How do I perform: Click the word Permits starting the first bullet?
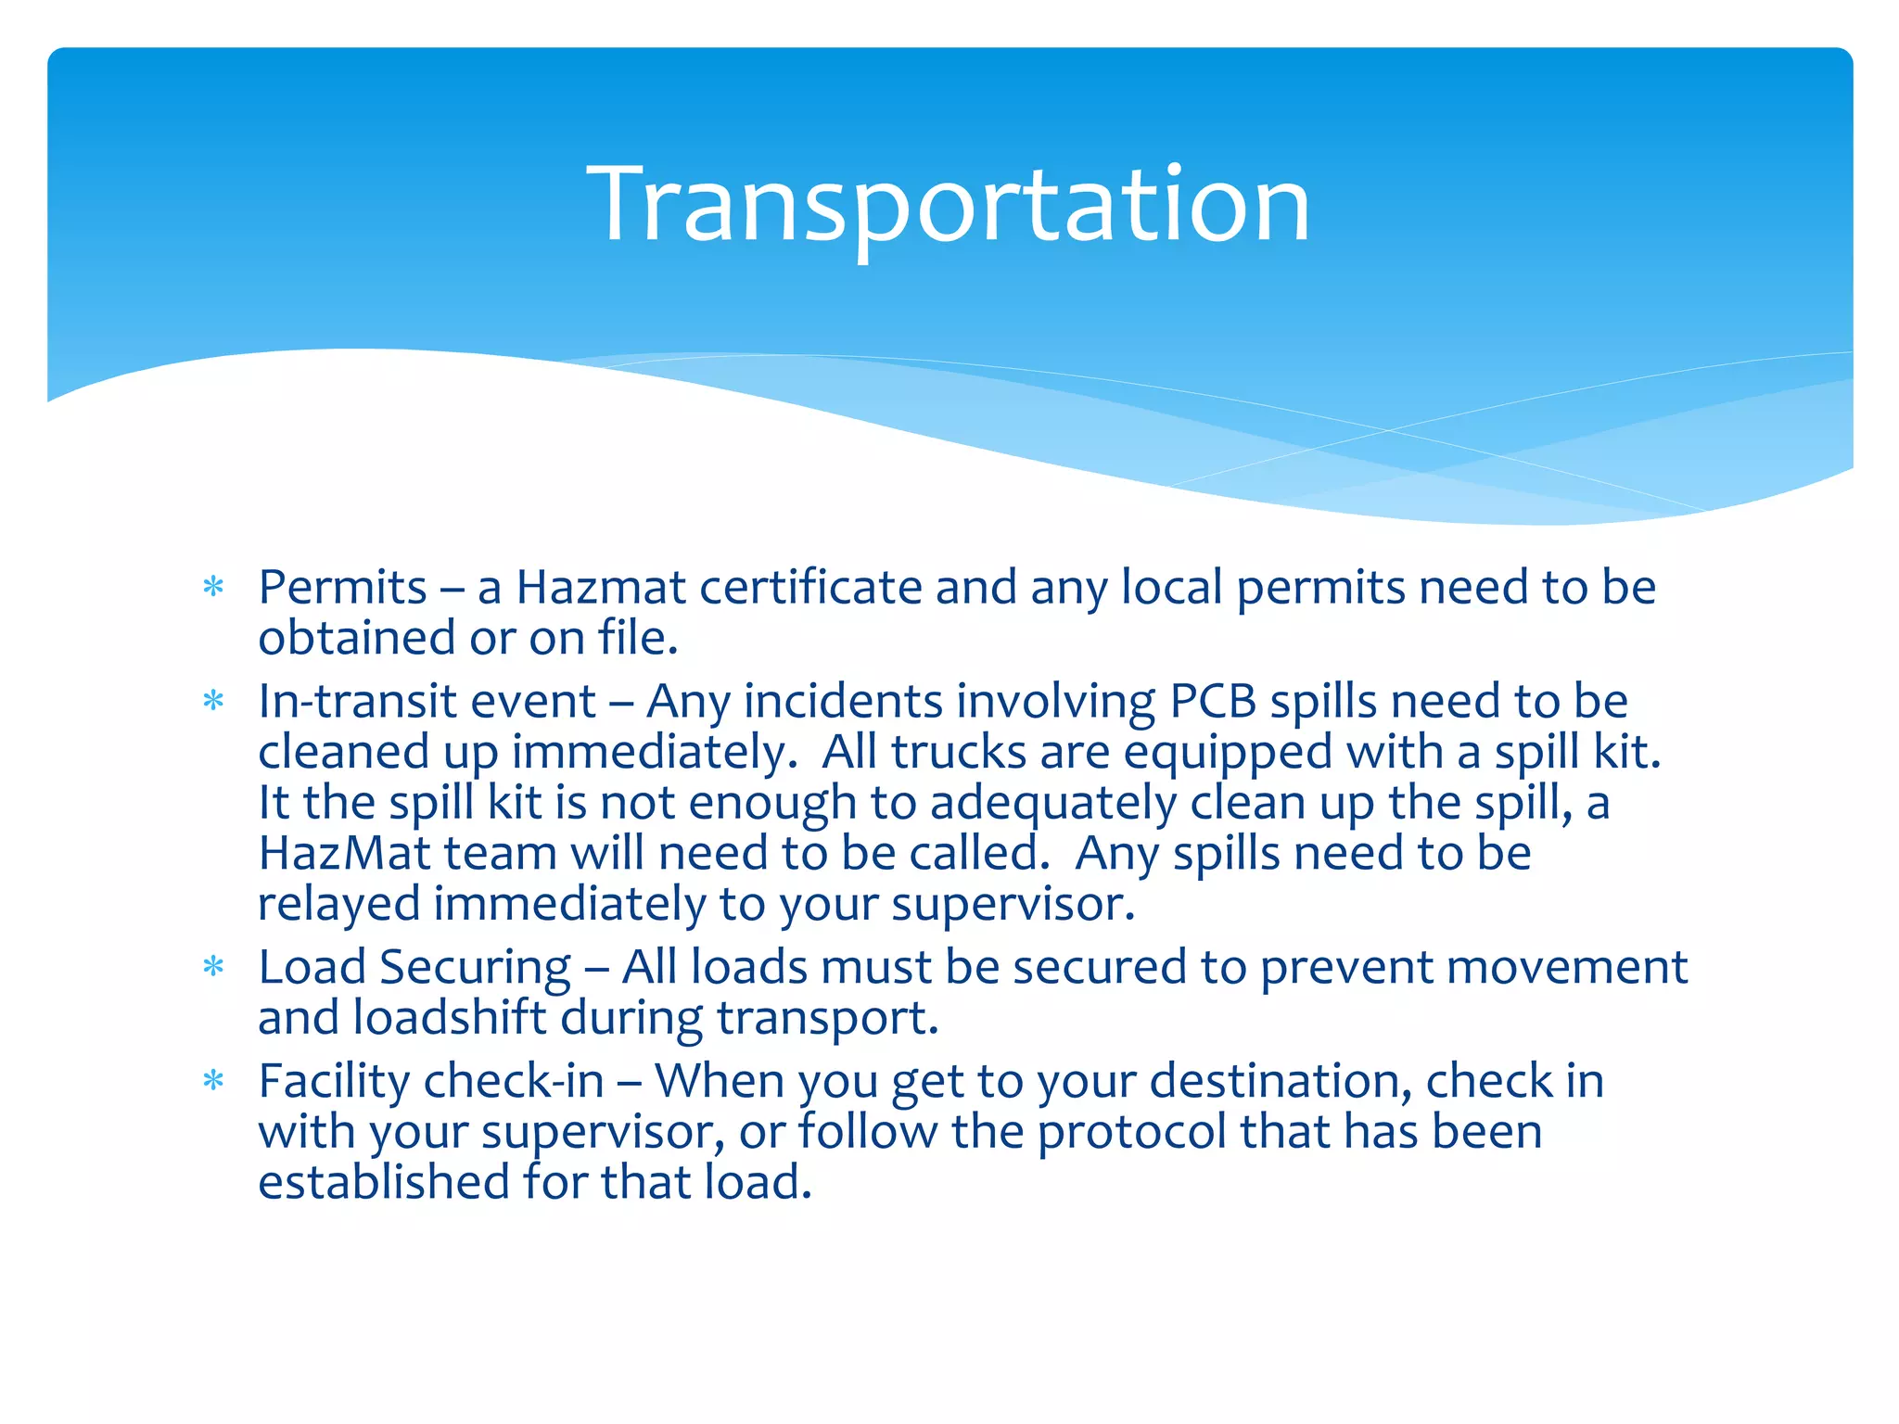coord(342,588)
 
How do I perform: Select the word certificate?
coord(810,588)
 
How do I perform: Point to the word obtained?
coord(355,639)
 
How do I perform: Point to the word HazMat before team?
coord(344,853)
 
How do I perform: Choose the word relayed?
coord(338,905)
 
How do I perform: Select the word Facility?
coord(334,1082)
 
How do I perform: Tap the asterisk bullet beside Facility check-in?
coord(213,1081)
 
